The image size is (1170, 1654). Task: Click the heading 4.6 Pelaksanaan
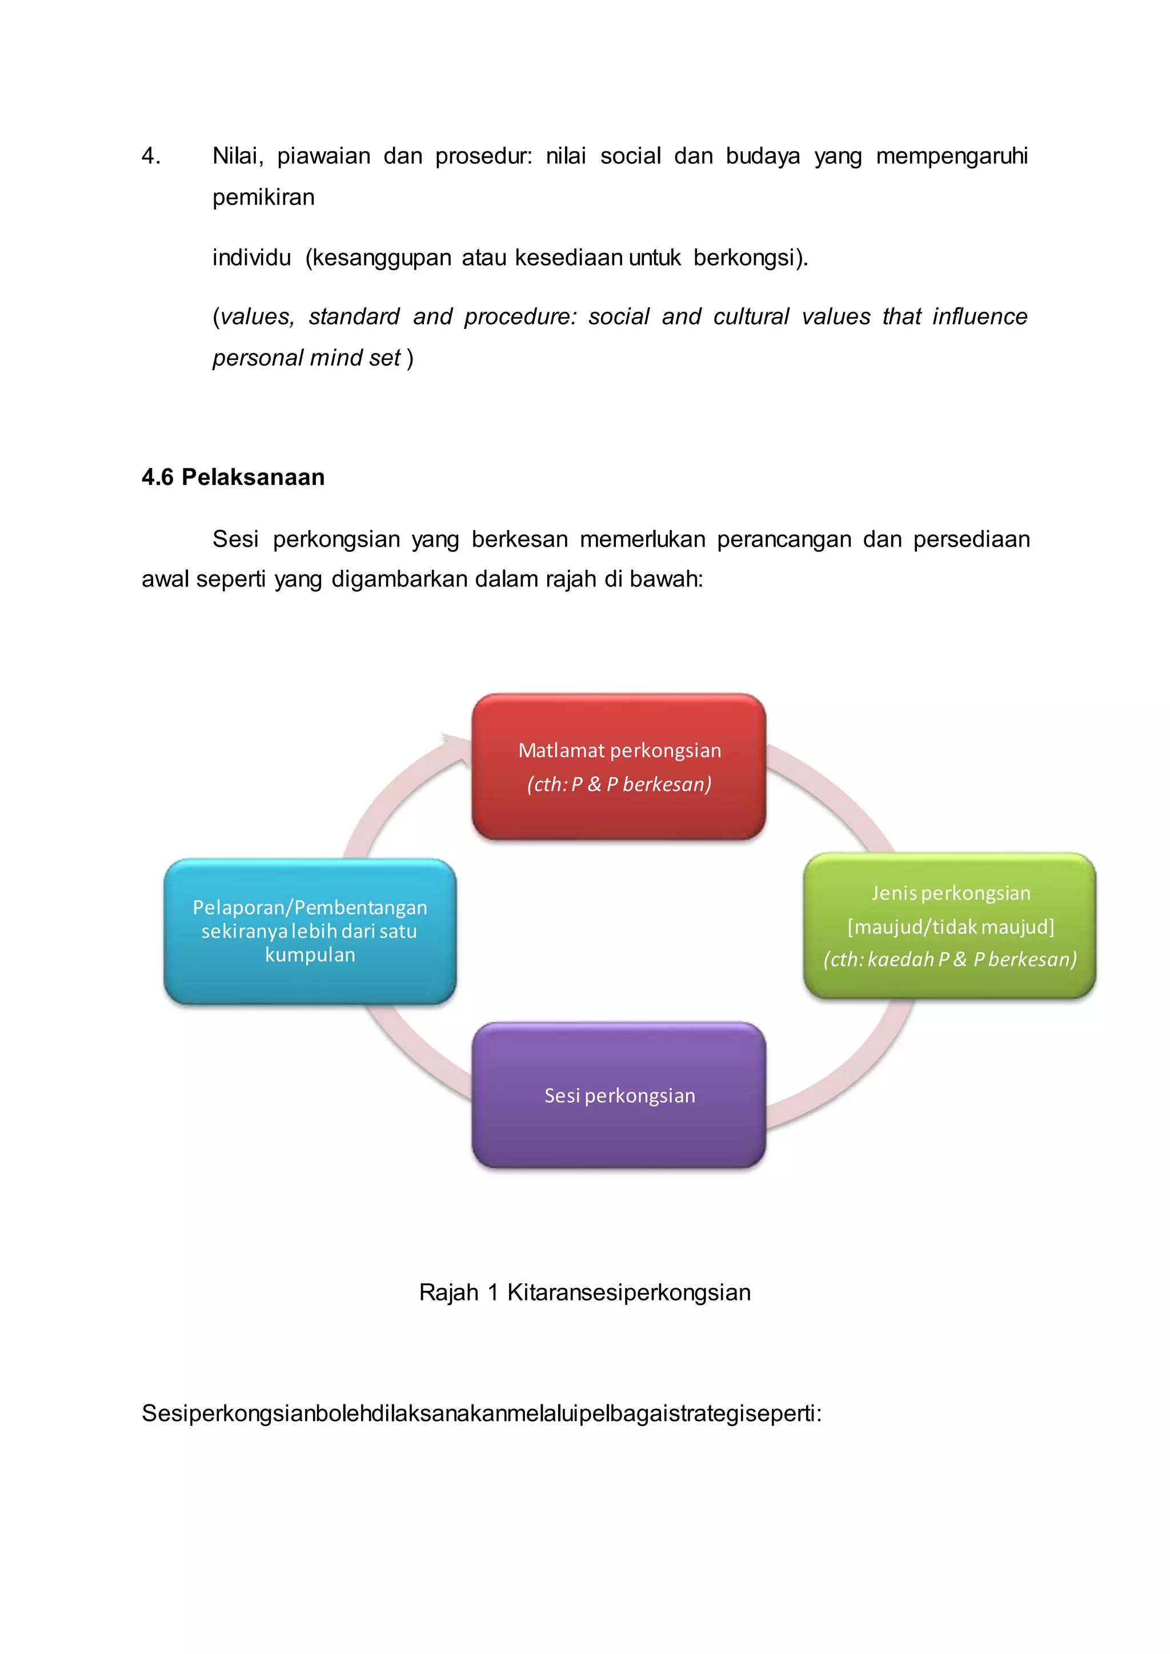pos(233,477)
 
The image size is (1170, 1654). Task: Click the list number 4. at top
pos(151,155)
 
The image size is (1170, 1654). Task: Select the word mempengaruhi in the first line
pos(951,155)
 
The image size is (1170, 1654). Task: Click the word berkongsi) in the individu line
pos(750,257)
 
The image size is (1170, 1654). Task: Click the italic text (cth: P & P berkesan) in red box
pos(619,784)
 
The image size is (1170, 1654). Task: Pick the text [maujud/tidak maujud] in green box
pos(950,926)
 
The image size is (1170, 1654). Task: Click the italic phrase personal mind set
pos(306,358)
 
